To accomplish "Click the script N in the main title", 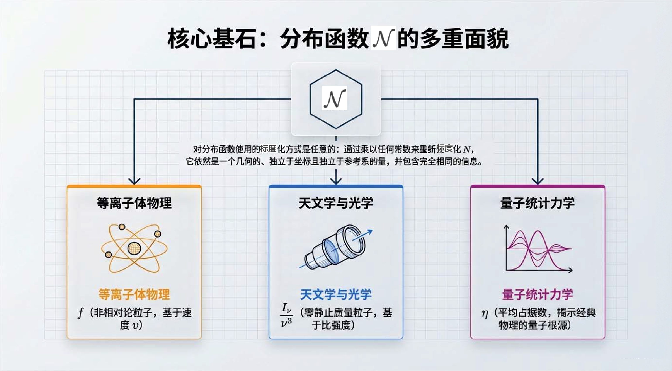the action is [x=383, y=38].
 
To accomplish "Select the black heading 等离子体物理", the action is [x=134, y=203].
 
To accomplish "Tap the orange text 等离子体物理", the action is [x=134, y=294].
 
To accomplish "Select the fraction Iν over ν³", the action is [x=286, y=315].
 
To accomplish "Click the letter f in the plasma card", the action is [x=81, y=313].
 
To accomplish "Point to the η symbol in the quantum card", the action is [x=485, y=314].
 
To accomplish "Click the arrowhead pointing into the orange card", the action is [x=134, y=181].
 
